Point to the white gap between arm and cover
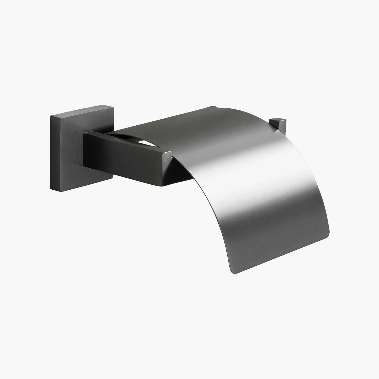coord(144,143)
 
